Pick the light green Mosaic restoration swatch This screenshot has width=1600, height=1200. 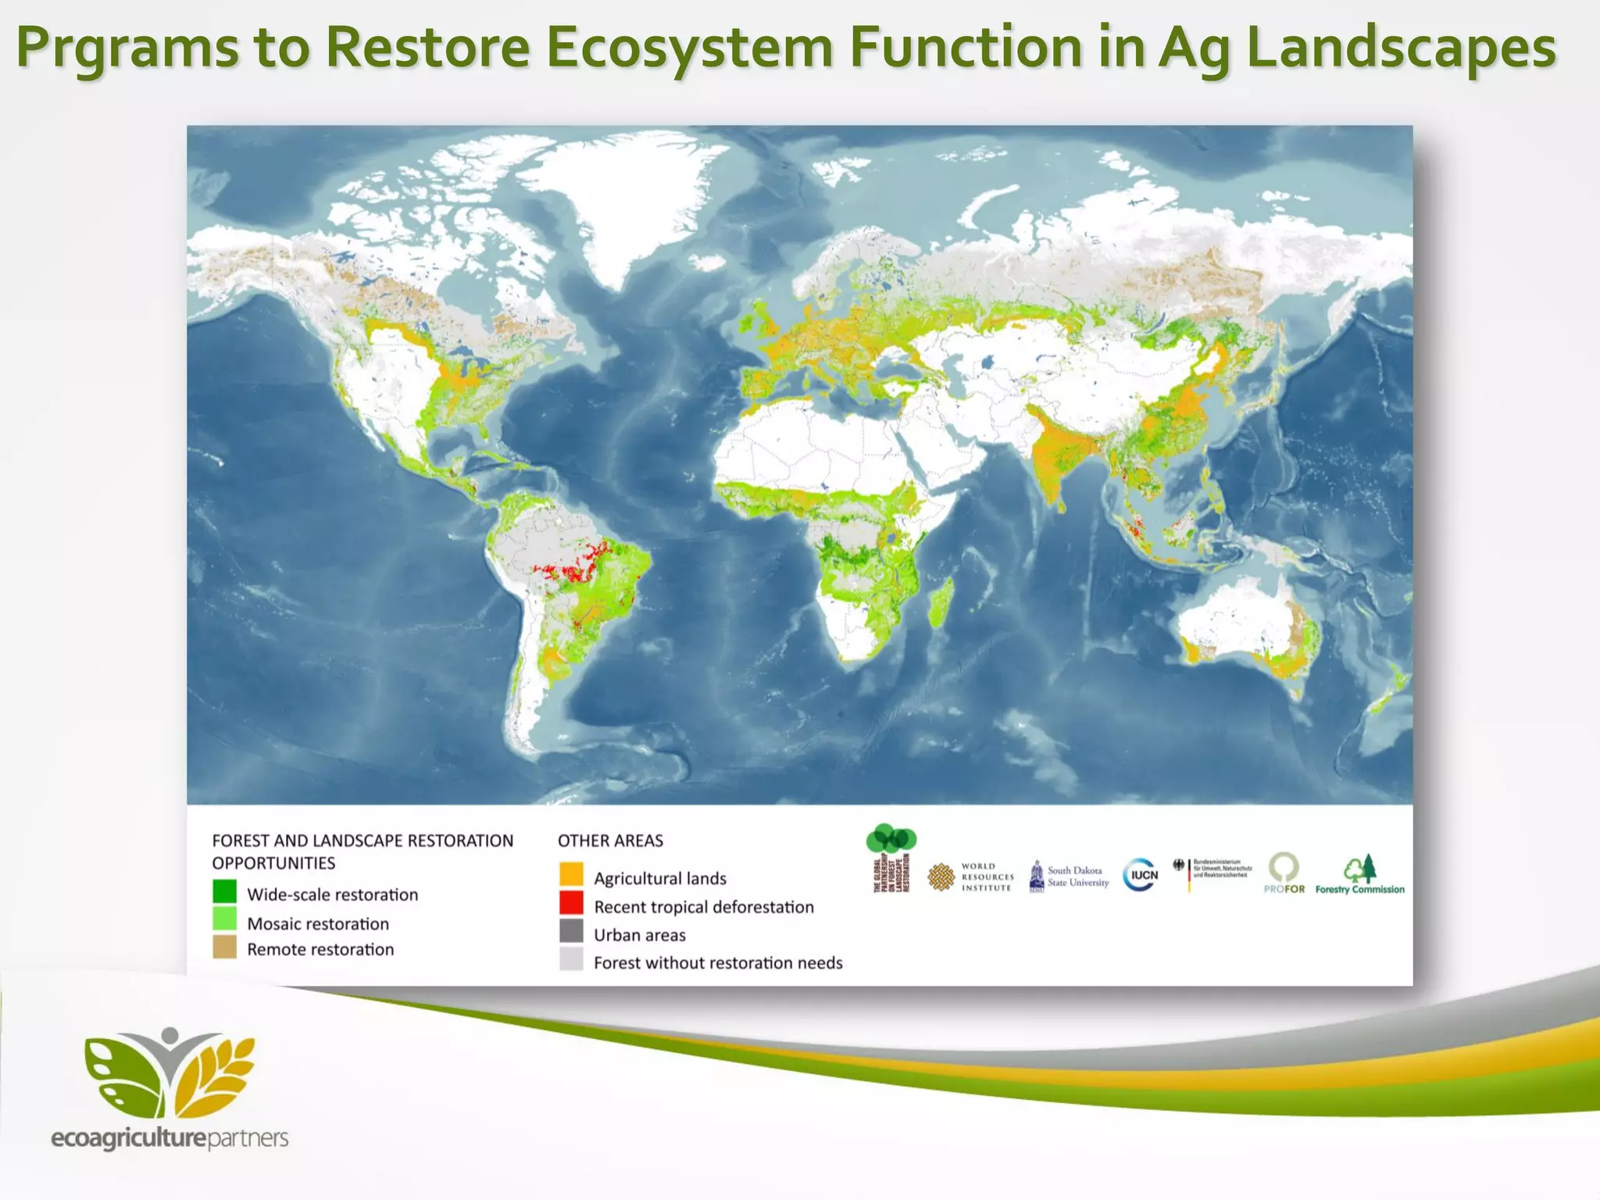pyautogui.click(x=224, y=919)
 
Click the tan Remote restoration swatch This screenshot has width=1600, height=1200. pyautogui.click(x=224, y=947)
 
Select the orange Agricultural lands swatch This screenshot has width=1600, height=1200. pyautogui.click(x=571, y=874)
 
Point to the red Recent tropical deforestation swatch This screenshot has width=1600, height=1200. pyautogui.click(x=571, y=903)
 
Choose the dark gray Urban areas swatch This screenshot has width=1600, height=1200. pyautogui.click(x=571, y=931)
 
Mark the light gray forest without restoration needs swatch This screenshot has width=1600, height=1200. pyautogui.click(x=571, y=959)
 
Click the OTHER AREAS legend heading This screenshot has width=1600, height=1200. pyautogui.click(x=610, y=841)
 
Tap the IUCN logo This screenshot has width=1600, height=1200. pyautogui.click(x=1141, y=875)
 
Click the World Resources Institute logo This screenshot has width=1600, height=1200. pyautogui.click(x=970, y=877)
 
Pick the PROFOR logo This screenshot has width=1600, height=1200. pyautogui.click(x=1284, y=873)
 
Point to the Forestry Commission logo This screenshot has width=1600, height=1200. pyautogui.click(x=1359, y=875)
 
